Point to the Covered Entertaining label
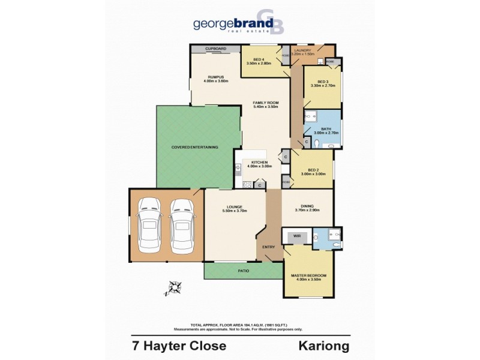coord(194,147)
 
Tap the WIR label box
coord(296,236)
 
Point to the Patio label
coord(243,271)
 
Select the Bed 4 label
coord(259,61)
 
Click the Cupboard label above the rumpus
coord(215,48)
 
